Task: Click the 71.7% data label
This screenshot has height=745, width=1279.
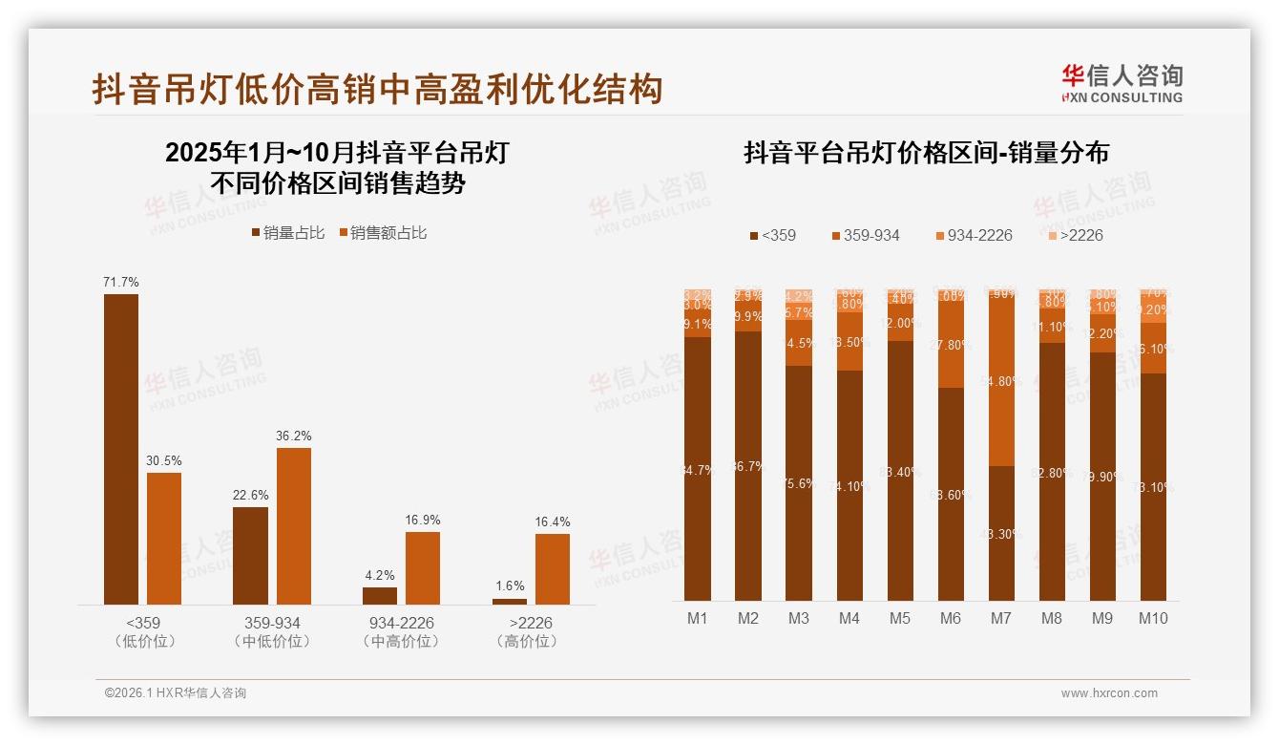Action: coord(121,282)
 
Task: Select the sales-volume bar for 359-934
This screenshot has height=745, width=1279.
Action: coord(250,555)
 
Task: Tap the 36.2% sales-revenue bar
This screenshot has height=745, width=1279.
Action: coord(294,525)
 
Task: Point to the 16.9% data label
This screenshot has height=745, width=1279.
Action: coord(423,520)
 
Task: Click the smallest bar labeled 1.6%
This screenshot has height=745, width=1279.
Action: coord(510,601)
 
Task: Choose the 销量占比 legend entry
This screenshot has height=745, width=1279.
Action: coord(287,232)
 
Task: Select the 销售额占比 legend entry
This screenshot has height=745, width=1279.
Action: coord(383,232)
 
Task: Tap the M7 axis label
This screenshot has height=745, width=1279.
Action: coord(1000,618)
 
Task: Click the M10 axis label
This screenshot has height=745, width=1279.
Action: coord(1153,618)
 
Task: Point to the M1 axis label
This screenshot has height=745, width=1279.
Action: coord(698,618)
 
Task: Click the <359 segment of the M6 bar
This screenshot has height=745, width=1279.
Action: coord(951,494)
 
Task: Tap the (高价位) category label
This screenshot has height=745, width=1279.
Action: coord(526,642)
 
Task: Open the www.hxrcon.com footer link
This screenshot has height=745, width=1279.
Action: coord(1108,693)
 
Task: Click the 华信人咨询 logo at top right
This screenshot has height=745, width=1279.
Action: coord(1122,83)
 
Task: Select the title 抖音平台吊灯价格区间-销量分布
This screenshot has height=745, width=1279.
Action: coord(926,153)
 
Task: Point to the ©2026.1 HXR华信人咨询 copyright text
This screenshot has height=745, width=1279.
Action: coord(175,693)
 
